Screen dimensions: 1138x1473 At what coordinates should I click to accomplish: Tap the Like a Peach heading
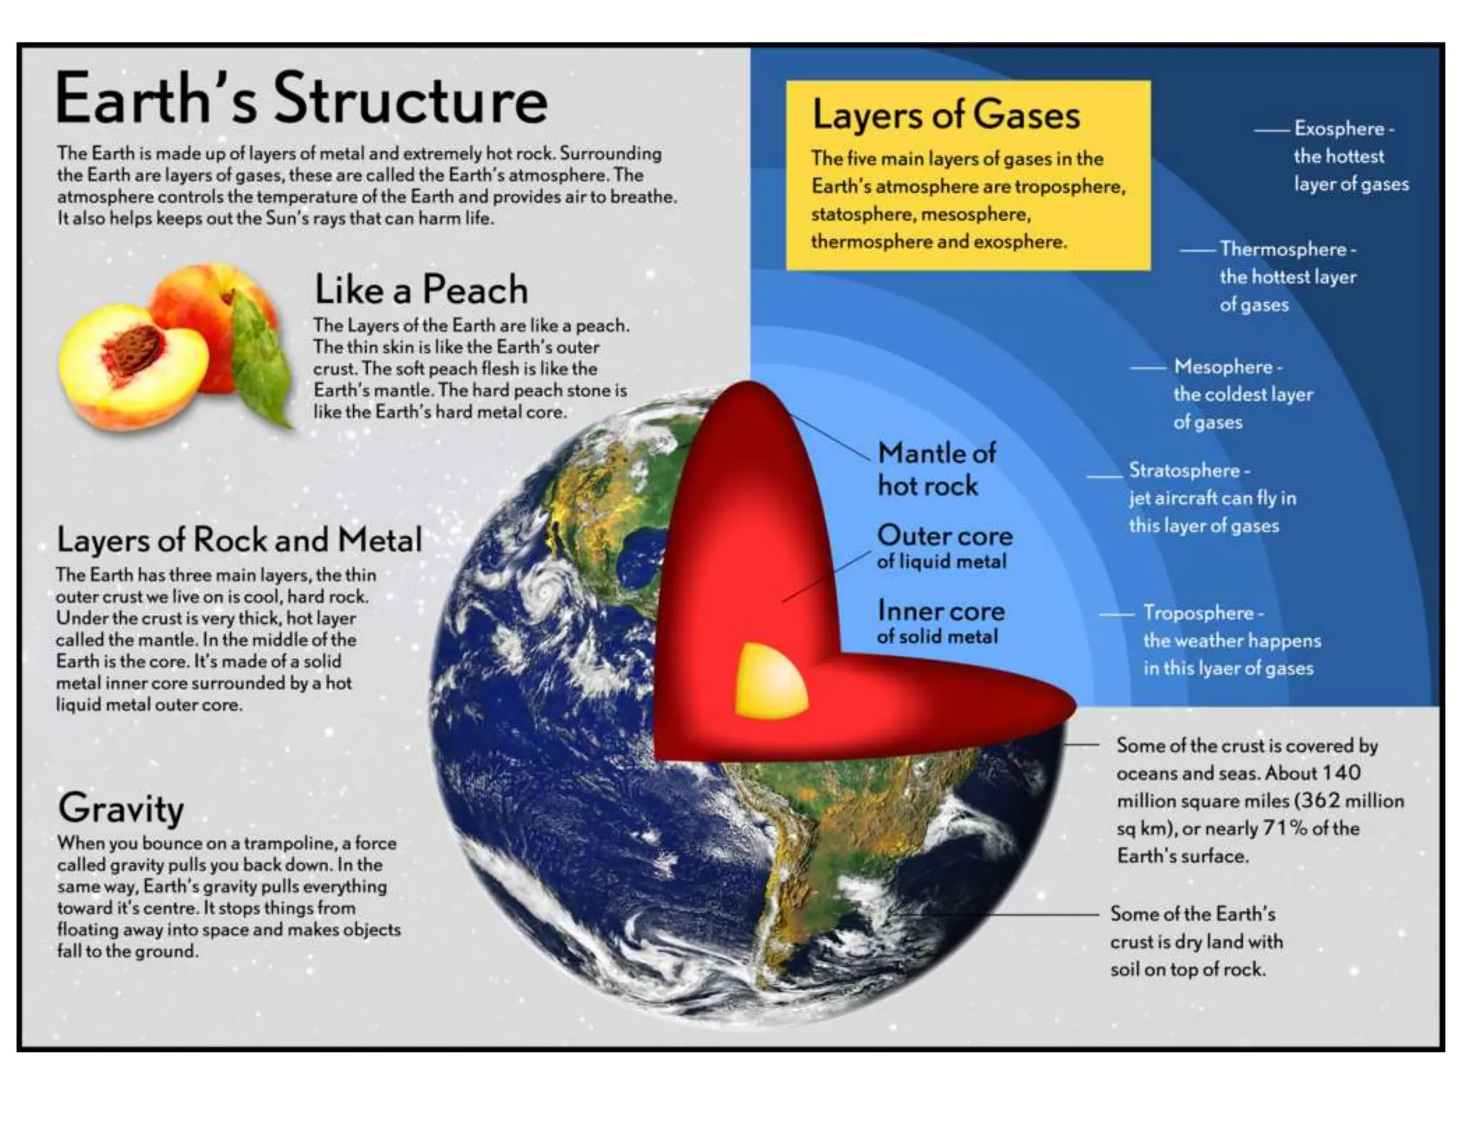[421, 289]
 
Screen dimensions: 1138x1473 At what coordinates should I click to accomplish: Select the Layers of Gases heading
[946, 115]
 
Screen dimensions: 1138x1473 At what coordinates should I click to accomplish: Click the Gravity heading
[121, 808]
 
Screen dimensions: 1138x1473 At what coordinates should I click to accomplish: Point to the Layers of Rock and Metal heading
[239, 540]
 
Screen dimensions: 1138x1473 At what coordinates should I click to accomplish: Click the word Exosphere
[1339, 129]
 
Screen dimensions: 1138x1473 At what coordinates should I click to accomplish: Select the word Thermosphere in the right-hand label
[1282, 250]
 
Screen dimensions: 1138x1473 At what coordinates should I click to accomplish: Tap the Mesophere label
[1223, 367]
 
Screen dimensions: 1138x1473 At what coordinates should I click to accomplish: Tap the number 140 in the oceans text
[1341, 773]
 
